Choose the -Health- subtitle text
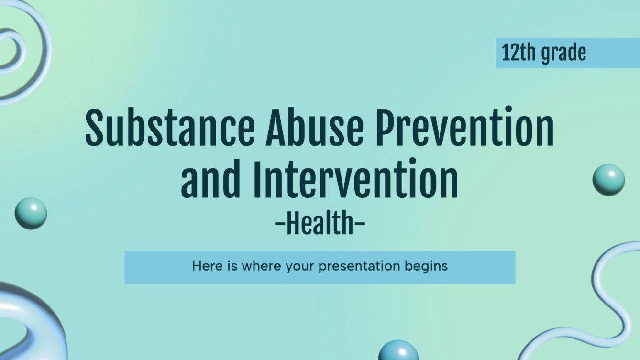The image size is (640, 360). tap(320, 224)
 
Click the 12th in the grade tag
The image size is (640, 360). tap(519, 53)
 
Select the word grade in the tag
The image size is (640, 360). tap(563, 54)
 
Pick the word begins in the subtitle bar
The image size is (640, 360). tap(426, 266)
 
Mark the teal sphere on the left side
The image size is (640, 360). tap(31, 213)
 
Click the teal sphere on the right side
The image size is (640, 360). tap(608, 179)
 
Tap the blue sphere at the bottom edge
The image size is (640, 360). tap(398, 351)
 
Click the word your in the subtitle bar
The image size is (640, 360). tap(300, 266)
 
